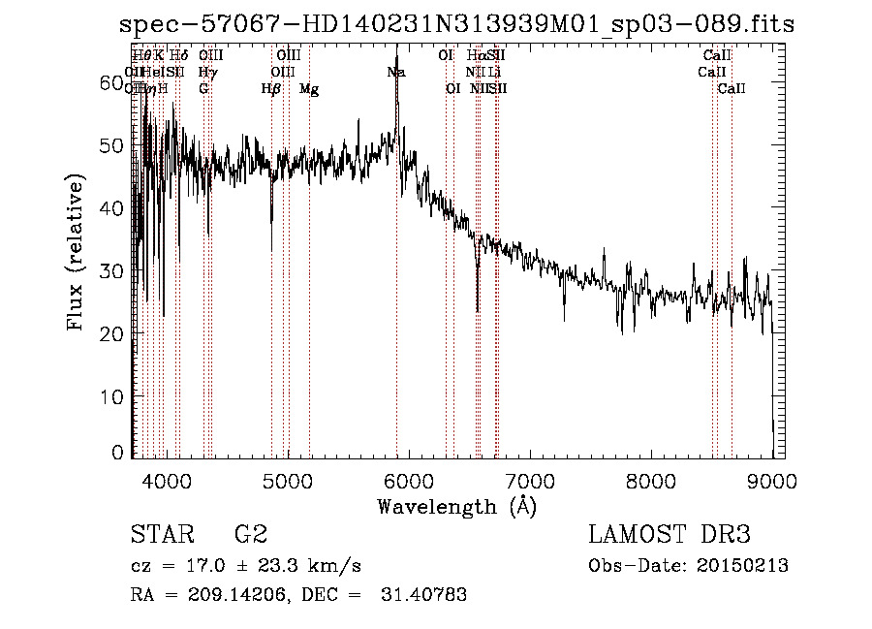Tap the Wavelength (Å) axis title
[x=456, y=506]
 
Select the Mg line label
[x=309, y=89]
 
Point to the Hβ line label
[x=271, y=89]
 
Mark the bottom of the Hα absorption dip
[x=478, y=310]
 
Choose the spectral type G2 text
[x=250, y=534]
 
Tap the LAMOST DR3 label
[x=670, y=534]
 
